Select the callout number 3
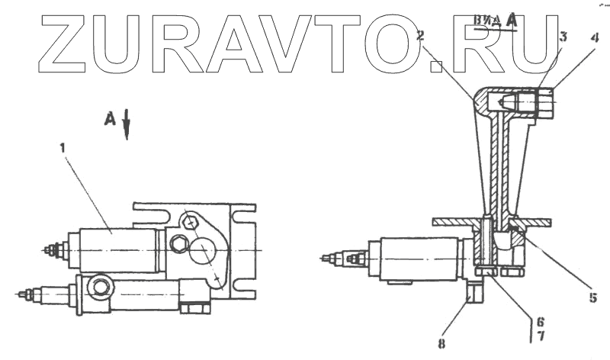[x=562, y=37]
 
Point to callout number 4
[x=594, y=36]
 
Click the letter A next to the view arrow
[x=110, y=118]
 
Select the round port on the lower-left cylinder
[x=100, y=288]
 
